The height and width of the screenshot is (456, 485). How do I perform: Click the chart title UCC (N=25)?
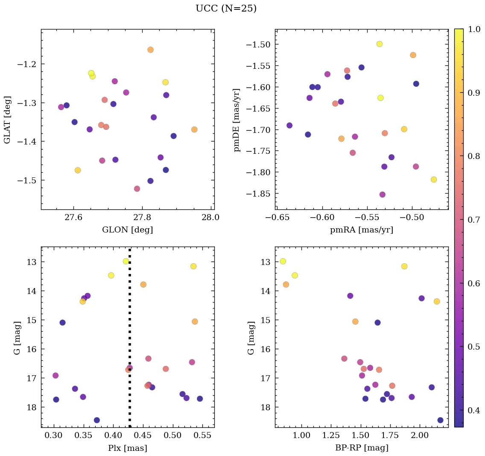click(226, 9)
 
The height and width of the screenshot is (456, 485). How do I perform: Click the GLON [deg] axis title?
click(127, 230)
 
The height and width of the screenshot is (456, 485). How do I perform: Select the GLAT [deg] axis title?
click(7, 120)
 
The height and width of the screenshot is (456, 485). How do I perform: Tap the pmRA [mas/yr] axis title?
click(361, 230)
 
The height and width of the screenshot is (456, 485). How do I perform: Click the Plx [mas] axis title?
click(127, 448)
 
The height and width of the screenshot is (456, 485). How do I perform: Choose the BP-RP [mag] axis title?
click(361, 448)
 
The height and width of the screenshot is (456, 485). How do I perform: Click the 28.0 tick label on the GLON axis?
click(210, 217)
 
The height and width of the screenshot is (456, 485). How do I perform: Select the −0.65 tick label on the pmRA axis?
click(278, 217)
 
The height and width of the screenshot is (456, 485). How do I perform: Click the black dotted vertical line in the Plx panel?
click(130, 342)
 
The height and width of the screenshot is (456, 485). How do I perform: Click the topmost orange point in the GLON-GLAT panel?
click(150, 50)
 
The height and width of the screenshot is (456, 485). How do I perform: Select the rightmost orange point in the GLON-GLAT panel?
click(194, 129)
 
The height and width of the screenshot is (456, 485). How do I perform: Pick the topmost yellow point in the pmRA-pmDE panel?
click(380, 44)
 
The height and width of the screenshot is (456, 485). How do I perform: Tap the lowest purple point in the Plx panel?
click(97, 420)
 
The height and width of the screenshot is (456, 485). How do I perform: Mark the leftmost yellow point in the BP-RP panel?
click(283, 261)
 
